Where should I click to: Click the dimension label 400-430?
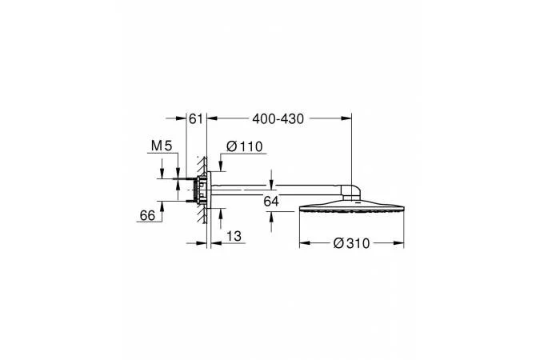click(278, 119)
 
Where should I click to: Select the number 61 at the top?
click(196, 119)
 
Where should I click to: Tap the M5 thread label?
click(162, 146)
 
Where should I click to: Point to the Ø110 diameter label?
click(245, 146)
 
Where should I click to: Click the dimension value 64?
click(271, 201)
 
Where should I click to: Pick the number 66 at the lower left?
click(147, 216)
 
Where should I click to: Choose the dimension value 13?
click(234, 236)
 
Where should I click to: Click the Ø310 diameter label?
click(352, 243)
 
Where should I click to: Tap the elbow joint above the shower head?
click(351, 192)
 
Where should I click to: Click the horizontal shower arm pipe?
click(275, 190)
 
